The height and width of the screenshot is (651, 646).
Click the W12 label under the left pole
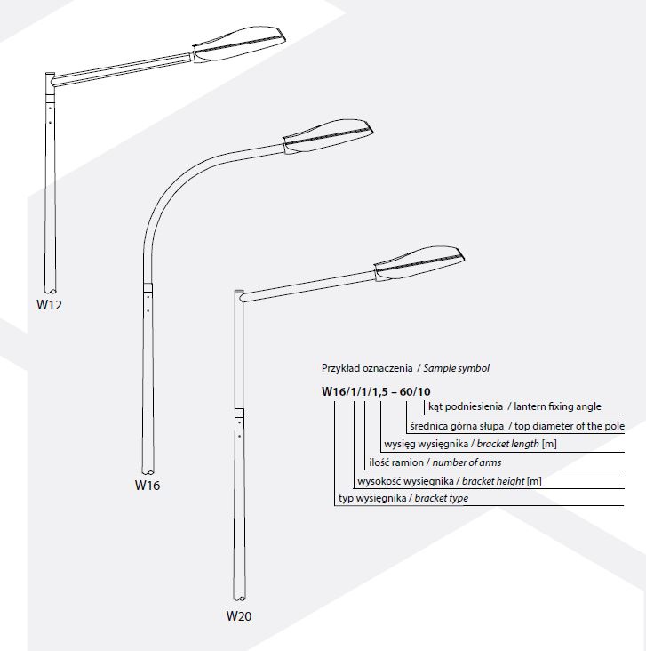point(49,304)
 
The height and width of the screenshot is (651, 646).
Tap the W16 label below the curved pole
point(148,486)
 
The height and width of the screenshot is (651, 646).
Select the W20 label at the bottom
point(239,615)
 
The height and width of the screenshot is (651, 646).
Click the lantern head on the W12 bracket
point(239,45)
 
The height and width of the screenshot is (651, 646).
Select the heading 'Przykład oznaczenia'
point(366,368)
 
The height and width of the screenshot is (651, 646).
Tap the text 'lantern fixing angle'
point(560,406)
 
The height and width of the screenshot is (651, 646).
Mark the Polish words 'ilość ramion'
point(396,462)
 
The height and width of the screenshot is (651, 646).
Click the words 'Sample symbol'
point(457,368)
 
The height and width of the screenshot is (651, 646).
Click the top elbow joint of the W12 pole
point(51,80)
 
